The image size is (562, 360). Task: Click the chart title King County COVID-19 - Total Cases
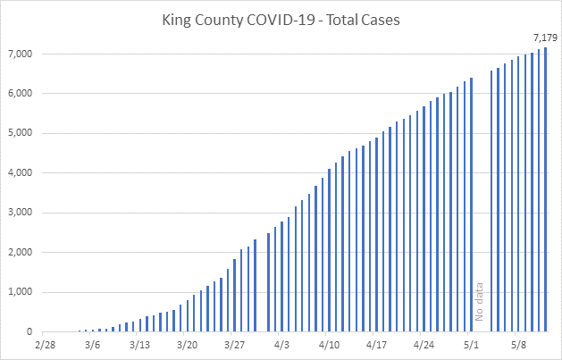[281, 19]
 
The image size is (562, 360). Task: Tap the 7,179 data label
[545, 38]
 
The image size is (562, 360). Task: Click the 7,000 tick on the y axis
[20, 54]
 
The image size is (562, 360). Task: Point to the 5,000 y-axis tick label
[20, 134]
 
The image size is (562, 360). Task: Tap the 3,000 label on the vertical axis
[20, 213]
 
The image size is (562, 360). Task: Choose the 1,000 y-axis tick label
[20, 292]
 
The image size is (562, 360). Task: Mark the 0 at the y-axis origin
[29, 332]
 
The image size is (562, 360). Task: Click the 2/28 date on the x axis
[45, 344]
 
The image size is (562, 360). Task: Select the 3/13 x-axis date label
[139, 344]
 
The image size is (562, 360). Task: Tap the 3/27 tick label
[234, 344]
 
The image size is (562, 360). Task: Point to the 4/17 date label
[376, 344]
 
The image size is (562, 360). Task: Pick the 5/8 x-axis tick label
[518, 344]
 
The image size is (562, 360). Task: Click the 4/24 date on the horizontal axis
[424, 344]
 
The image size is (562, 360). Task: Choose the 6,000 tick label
[20, 94]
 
